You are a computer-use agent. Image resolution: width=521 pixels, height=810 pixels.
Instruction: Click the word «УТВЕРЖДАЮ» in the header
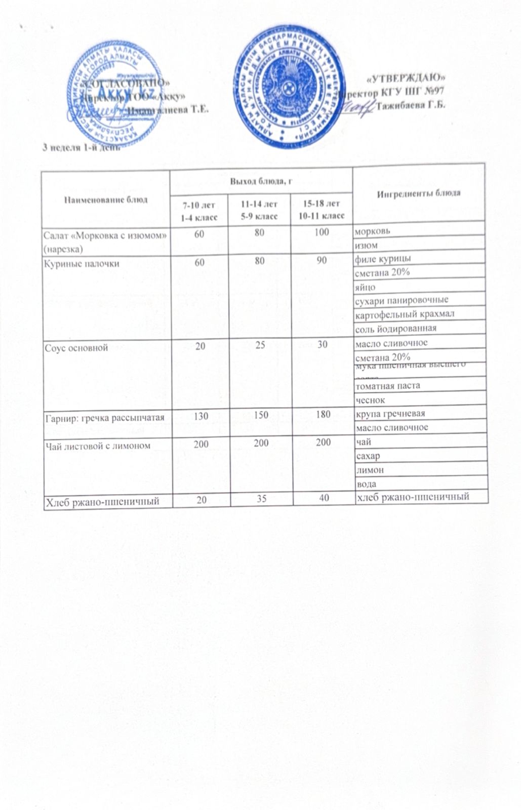406,78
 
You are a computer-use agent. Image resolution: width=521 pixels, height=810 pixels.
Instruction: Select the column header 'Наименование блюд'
105,199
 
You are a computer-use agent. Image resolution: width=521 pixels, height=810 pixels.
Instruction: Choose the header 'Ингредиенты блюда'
420,193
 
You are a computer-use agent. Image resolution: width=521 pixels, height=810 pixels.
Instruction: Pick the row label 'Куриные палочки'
82,264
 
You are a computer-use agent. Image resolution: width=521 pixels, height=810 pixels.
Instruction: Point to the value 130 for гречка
201,415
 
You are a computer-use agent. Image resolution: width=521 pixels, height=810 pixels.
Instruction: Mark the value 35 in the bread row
261,498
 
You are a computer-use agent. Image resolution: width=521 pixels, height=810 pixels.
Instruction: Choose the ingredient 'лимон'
370,470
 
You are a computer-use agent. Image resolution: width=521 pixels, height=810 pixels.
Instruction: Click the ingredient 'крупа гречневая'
390,414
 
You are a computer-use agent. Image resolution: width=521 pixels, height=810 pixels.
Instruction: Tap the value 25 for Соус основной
261,344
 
